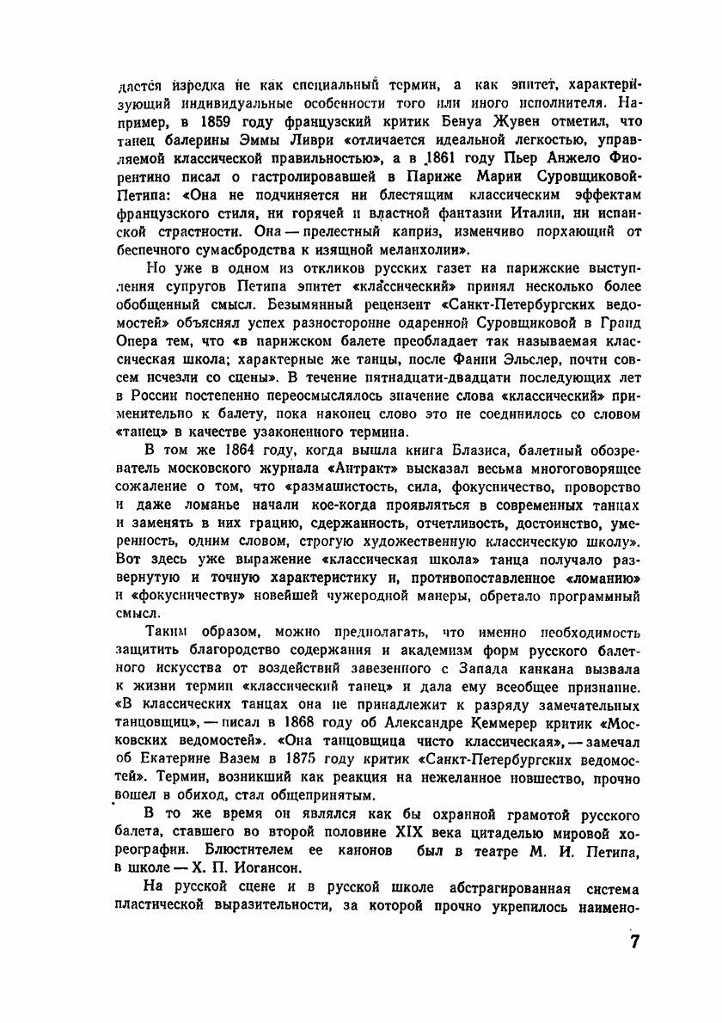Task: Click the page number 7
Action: (634, 940)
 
